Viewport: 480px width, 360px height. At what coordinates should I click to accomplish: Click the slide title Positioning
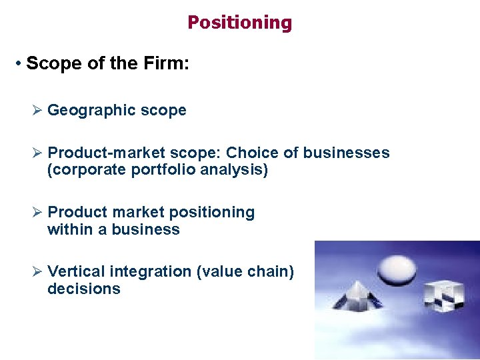coord(239,23)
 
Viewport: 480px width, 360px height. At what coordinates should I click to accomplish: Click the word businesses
coord(346,153)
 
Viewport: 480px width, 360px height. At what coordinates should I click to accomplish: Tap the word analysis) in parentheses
coord(237,170)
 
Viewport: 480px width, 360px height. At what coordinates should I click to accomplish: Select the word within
coord(67,229)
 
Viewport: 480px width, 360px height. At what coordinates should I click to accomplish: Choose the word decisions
coord(84,289)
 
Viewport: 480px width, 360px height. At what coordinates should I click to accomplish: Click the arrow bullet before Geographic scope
coord(38,111)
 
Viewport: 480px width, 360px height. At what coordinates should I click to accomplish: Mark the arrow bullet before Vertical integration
coord(38,271)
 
